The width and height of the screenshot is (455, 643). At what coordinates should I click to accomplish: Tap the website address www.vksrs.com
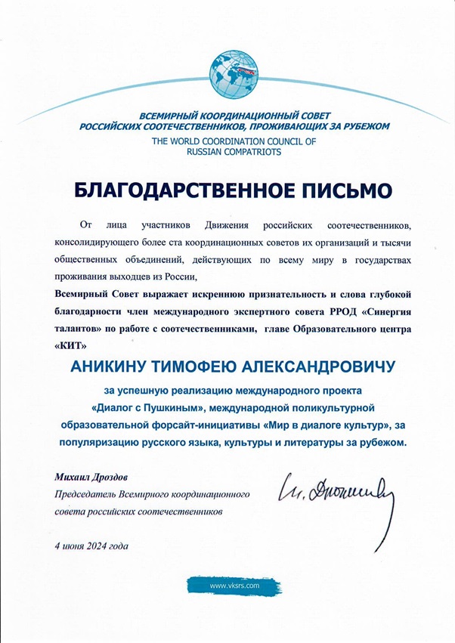(x=235, y=586)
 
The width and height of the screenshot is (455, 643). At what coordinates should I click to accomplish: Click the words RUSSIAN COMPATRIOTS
(x=227, y=152)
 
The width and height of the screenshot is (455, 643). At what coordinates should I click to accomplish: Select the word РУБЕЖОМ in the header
(x=355, y=125)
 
